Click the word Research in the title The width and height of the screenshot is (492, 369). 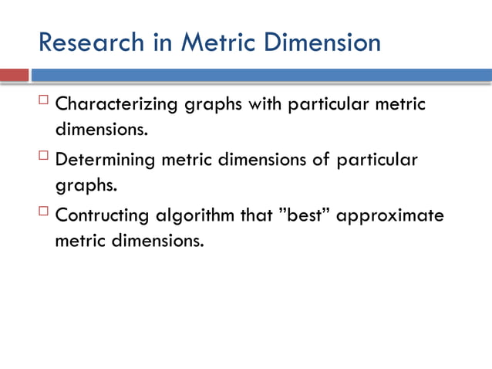89,42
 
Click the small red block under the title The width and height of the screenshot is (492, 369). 14,75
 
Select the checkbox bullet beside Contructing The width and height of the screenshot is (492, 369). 44,212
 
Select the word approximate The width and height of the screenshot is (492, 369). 390,216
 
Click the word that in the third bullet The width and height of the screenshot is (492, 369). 256,215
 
